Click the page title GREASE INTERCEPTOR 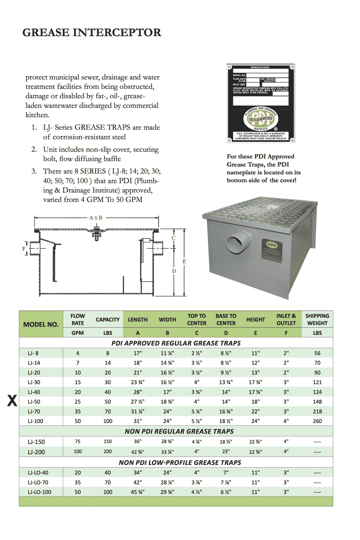pyautogui.click(x=92, y=33)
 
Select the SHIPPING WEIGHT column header pyautogui.click(x=317, y=320)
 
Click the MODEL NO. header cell pyautogui.click(x=41, y=324)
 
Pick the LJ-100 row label pyautogui.click(x=35, y=421)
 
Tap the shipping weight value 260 pyautogui.click(x=317, y=421)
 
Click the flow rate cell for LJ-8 pyautogui.click(x=78, y=353)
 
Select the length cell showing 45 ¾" pyautogui.click(x=137, y=492)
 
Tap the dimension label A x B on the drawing pyautogui.click(x=96, y=217)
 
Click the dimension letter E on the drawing pyautogui.click(x=184, y=261)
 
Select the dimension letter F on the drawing pyautogui.click(x=24, y=249)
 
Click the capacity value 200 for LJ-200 pyautogui.click(x=107, y=452)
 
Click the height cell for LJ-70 pyautogui.click(x=255, y=412)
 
